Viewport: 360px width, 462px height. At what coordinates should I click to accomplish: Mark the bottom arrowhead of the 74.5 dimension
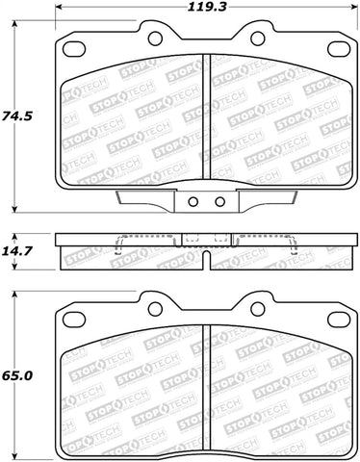(16, 209)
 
